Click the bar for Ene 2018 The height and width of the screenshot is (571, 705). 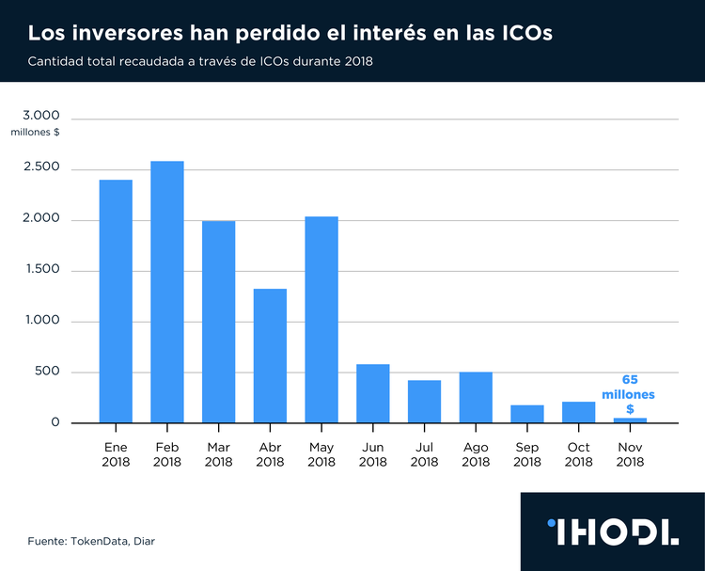coord(116,301)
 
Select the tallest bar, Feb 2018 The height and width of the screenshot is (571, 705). coord(167,292)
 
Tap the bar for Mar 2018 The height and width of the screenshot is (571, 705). coord(218,322)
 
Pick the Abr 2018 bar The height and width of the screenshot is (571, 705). coord(270,356)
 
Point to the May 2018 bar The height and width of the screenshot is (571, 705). coord(321,320)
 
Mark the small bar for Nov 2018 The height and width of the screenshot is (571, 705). coord(630,420)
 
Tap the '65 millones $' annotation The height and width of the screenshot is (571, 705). coord(630,394)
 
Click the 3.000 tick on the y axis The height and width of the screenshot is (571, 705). coord(40,116)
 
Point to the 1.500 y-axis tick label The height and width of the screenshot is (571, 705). coord(40,269)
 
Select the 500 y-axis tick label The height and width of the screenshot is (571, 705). coord(47,372)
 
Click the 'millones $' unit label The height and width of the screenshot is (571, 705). coord(36,133)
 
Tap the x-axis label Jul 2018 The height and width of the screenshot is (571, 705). coord(424,454)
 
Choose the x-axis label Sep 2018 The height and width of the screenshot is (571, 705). coord(527,454)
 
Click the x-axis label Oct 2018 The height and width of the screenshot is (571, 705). coord(578,454)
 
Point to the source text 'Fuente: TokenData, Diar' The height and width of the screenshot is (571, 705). coord(90,541)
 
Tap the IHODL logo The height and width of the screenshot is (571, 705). coord(612,531)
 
